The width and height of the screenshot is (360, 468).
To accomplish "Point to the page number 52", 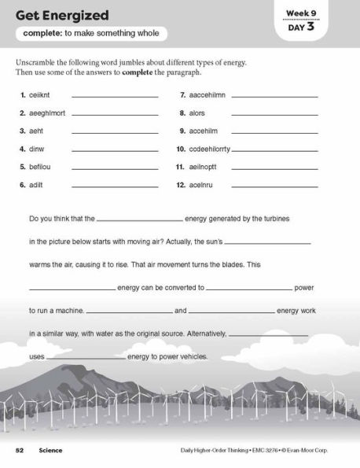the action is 19,450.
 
